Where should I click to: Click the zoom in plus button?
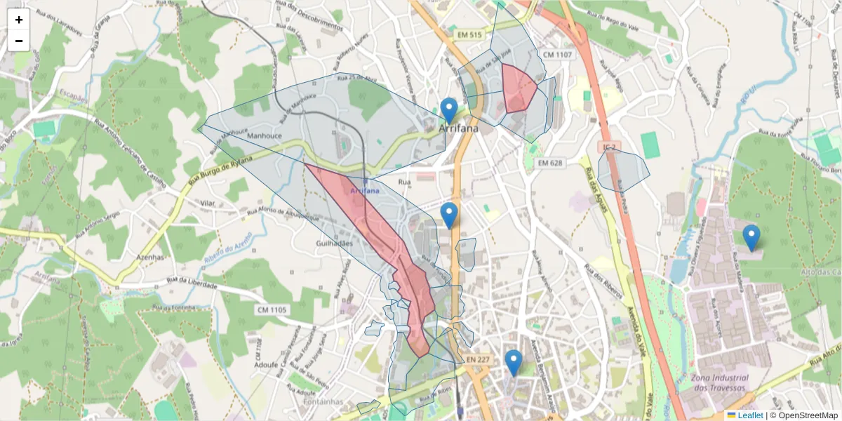19,20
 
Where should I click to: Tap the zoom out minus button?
19,41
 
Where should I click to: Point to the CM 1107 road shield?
557,55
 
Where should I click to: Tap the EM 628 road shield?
551,163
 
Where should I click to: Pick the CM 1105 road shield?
272,309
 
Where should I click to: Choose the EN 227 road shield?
477,360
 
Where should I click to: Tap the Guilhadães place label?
334,242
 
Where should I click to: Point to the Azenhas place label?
150,258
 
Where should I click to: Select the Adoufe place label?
267,365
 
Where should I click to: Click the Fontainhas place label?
323,402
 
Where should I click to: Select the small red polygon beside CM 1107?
519,88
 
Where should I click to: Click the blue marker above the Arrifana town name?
449,111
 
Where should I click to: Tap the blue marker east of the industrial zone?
751,238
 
